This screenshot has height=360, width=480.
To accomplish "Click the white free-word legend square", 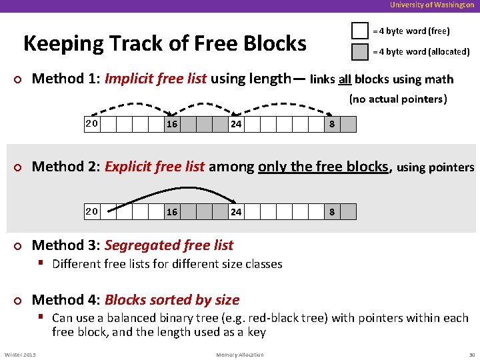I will [360, 31].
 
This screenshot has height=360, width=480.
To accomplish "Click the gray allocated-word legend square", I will [360, 51].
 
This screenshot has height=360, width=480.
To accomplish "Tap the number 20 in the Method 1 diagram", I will [92, 123].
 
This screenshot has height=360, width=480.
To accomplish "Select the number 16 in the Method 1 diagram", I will [172, 125].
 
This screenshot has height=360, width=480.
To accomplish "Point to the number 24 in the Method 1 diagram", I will [236, 125].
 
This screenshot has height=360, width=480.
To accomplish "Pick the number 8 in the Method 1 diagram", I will [332, 125].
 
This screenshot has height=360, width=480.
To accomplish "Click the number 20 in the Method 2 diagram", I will [92, 211].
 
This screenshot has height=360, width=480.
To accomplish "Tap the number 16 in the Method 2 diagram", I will [172, 212].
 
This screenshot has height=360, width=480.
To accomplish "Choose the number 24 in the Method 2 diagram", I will [236, 212].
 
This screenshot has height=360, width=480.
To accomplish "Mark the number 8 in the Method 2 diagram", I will [332, 212].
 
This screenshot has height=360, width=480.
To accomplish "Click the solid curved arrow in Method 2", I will [173, 190].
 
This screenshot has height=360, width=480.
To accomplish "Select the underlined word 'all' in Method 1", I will [344, 80].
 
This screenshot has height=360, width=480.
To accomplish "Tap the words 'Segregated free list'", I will [169, 245].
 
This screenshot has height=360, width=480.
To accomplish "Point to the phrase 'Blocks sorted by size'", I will [172, 300].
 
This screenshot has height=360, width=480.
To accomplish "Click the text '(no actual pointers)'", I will [398, 99].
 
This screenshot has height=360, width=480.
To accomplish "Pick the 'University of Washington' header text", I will [432, 5].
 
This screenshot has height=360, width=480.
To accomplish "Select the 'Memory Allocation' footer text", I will [240, 355].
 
